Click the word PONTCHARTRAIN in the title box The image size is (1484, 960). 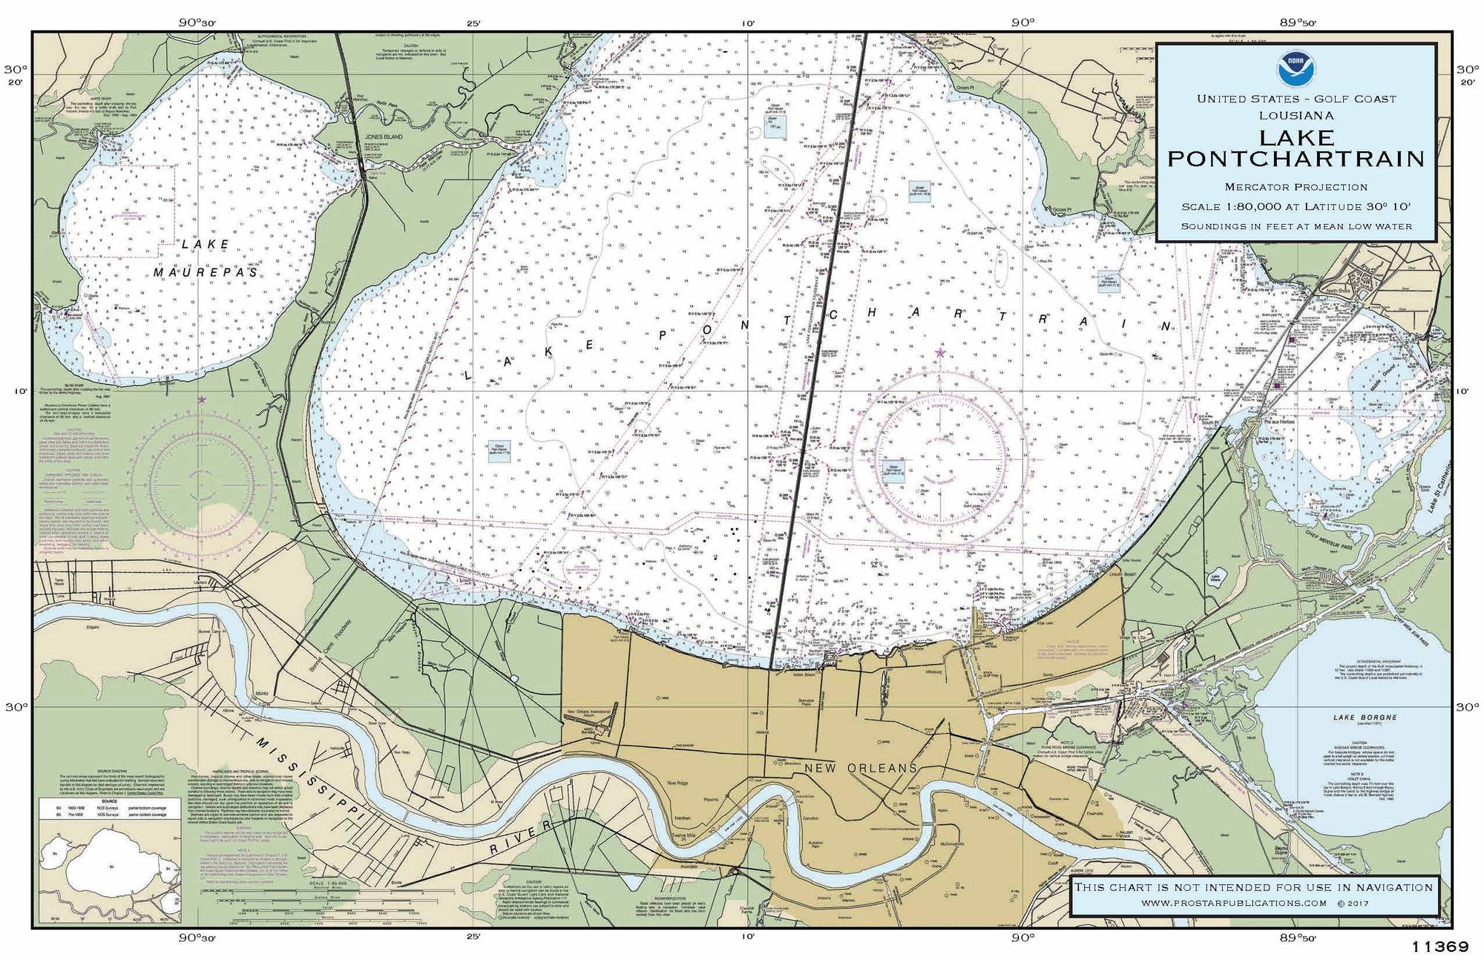(x=1296, y=159)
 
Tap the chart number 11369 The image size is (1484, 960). (x=1440, y=947)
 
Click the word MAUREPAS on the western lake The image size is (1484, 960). (x=206, y=273)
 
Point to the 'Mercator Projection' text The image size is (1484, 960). (x=1296, y=187)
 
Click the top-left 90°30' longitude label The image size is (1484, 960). (x=197, y=22)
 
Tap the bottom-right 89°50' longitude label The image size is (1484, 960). (x=1297, y=938)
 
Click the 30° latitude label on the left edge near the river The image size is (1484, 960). (x=16, y=706)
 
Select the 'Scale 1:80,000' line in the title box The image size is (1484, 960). (x=1296, y=207)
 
